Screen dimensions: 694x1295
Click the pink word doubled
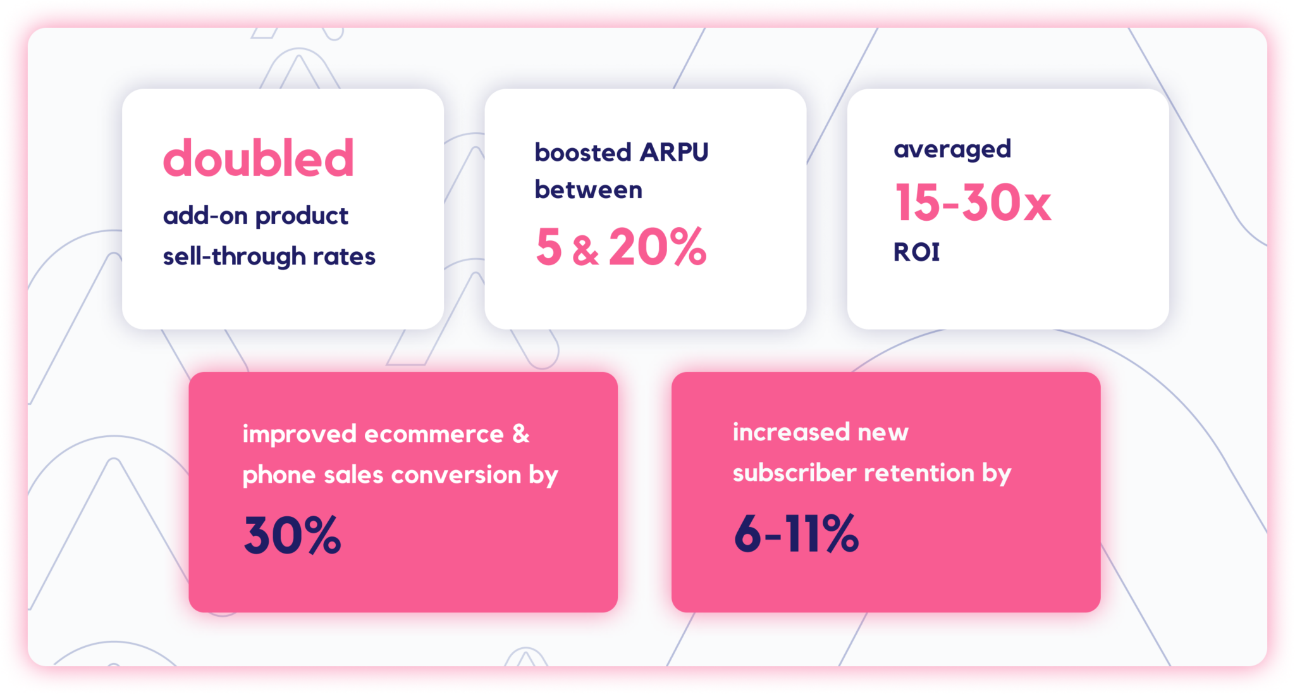tap(258, 158)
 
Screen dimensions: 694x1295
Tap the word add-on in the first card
tap(205, 216)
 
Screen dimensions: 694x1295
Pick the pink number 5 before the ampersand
tap(549, 247)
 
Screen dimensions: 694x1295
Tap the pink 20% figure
tap(658, 247)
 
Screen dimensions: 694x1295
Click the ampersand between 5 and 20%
tap(586, 251)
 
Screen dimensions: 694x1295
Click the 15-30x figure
tap(973, 202)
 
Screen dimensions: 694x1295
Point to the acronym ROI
tap(916, 252)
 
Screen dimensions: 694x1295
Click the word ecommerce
tap(434, 434)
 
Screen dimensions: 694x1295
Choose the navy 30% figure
tap(292, 535)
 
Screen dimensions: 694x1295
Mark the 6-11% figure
tap(796, 533)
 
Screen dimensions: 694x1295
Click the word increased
tap(790, 432)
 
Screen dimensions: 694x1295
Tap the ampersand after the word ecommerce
tap(520, 434)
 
